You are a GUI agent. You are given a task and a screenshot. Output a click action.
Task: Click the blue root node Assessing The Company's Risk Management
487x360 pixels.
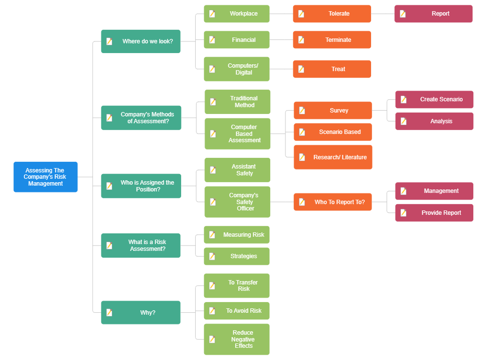tap(45, 177)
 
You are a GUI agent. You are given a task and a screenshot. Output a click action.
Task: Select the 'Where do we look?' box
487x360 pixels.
tap(141, 41)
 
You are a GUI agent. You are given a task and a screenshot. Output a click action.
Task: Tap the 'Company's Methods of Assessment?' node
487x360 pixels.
tap(141, 118)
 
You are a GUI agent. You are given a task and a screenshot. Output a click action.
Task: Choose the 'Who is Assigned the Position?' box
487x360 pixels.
tap(141, 186)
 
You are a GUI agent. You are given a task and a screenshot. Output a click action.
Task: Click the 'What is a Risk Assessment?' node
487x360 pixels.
tap(141, 246)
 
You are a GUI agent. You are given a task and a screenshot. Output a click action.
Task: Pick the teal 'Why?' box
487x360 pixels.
tap(141, 312)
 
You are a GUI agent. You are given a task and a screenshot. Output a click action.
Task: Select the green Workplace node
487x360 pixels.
tap(237, 14)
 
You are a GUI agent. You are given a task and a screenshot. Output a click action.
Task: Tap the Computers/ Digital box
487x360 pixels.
tap(237, 69)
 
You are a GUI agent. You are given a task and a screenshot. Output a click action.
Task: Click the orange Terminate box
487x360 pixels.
tap(332, 40)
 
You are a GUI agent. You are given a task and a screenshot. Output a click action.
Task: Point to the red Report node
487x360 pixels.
tap(433, 14)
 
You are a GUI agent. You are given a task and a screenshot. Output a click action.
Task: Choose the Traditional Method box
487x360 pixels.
tap(238, 102)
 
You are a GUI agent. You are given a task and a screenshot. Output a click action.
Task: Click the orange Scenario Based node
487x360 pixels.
tap(333, 132)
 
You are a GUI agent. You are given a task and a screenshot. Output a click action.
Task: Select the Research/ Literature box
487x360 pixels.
tap(333, 157)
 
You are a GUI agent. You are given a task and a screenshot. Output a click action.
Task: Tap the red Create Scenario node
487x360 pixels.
tap(434, 99)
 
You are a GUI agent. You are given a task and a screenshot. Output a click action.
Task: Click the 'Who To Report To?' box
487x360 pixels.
tap(333, 202)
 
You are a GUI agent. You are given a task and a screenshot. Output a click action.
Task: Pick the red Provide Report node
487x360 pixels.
tap(434, 213)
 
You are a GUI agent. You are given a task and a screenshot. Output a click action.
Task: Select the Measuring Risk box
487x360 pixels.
tap(237, 235)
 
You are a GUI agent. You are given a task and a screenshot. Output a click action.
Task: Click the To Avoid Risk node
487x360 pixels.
tap(237, 311)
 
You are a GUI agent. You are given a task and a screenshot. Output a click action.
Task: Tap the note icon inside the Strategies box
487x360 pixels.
tap(212, 256)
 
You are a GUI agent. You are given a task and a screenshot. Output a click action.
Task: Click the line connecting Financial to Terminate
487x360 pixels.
tap(281, 40)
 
